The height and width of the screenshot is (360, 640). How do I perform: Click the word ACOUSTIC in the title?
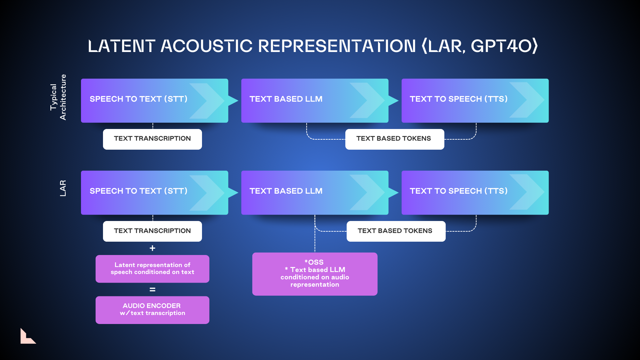206,46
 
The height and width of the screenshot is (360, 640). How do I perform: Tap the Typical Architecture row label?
58,97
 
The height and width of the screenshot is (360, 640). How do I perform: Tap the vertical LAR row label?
63,188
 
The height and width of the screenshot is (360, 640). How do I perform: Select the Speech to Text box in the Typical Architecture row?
154,101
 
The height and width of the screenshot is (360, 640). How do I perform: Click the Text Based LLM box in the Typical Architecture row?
315,101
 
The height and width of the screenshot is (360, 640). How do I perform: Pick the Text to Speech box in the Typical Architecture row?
475,101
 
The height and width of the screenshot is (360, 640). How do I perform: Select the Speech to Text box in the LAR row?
154,193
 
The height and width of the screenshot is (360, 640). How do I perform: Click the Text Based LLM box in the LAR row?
315,193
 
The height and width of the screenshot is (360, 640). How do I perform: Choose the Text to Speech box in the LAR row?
475,193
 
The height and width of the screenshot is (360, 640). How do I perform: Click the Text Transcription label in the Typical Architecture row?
152,139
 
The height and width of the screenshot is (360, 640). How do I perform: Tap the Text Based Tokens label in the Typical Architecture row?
395,139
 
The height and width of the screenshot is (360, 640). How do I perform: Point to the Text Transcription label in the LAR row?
152,231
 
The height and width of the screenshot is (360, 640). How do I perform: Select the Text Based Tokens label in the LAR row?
396,231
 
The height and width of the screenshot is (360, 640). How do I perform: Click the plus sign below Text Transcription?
152,248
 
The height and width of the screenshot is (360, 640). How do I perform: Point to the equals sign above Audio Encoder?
152,290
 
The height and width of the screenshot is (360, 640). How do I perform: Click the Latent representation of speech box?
152,269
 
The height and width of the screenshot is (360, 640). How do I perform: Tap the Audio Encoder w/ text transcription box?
152,310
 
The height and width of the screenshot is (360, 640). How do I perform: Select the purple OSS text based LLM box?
315,274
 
